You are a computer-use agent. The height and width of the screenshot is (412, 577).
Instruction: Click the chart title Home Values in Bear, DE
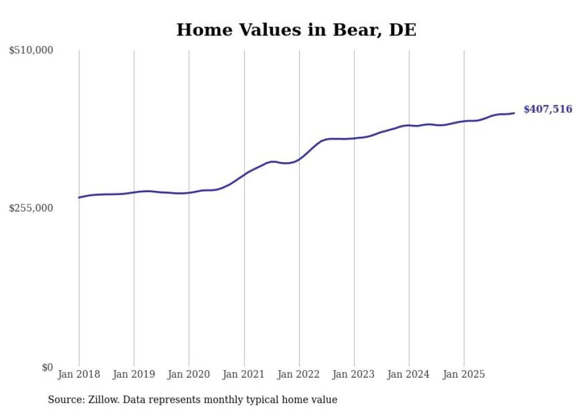click(x=296, y=30)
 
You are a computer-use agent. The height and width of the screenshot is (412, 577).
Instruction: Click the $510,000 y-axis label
click(x=31, y=51)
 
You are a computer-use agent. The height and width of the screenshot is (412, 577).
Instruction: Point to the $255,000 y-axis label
click(x=31, y=208)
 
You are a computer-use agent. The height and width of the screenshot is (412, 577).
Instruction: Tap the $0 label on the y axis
click(x=47, y=367)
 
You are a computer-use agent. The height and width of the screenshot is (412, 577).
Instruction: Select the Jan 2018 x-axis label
click(x=79, y=374)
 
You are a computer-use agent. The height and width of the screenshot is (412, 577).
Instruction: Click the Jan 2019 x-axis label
click(x=134, y=374)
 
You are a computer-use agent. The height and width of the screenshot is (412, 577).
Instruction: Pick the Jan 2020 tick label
click(x=189, y=374)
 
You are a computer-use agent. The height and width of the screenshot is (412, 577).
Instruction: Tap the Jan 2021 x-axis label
click(x=244, y=374)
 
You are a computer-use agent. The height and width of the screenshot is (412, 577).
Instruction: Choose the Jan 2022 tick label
click(x=299, y=374)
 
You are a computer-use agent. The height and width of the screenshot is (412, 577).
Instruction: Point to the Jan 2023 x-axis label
click(x=354, y=374)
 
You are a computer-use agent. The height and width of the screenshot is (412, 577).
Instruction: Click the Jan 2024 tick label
click(x=409, y=374)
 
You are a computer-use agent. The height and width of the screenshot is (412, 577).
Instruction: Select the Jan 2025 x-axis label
click(x=464, y=374)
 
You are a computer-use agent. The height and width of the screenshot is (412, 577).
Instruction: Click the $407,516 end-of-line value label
click(x=548, y=109)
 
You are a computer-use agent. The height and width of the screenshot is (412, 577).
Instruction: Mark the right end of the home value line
click(x=514, y=113)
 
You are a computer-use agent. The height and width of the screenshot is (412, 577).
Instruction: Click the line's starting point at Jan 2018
click(x=79, y=197)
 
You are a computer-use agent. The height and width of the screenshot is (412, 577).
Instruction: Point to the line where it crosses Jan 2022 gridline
click(x=299, y=159)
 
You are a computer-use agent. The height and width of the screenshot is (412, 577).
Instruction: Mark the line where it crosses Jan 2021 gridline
click(x=244, y=174)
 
